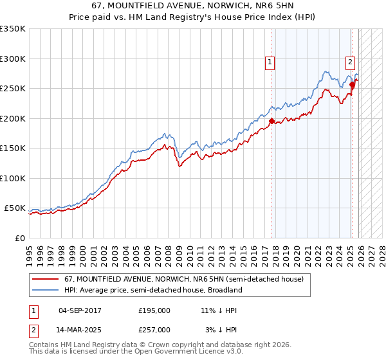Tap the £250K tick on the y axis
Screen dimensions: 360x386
tap(13, 89)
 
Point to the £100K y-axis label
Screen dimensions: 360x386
tap(13, 179)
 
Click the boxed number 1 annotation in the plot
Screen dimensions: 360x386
tap(270, 62)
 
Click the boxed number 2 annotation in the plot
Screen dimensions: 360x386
tap(350, 62)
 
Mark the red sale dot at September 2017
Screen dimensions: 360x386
tap(271, 121)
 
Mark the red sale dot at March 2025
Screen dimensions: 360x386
tap(352, 84)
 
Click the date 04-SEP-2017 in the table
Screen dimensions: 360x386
tap(80, 310)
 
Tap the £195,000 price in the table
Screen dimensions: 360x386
tap(154, 310)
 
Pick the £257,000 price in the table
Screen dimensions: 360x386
tap(154, 330)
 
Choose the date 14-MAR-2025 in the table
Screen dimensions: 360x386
tap(80, 330)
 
